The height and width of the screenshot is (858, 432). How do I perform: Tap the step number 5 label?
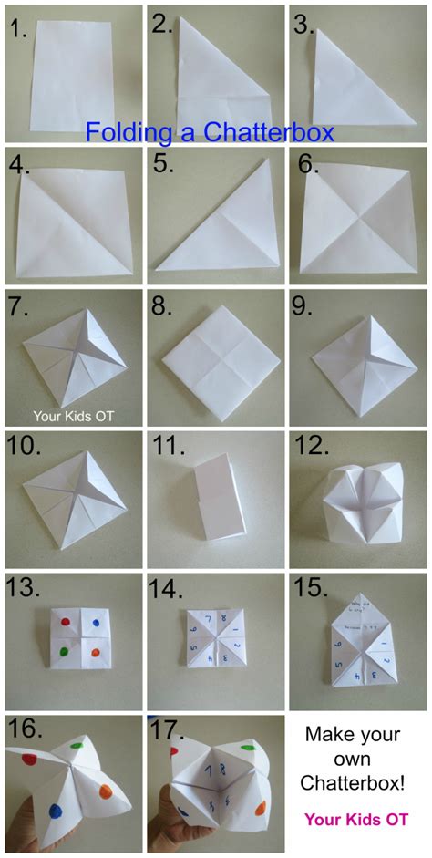point(163,166)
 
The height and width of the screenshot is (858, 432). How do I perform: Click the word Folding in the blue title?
point(128,132)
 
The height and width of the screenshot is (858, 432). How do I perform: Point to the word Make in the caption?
point(326,733)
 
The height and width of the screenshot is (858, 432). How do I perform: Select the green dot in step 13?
point(63,652)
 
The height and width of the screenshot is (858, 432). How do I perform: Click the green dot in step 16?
point(77,750)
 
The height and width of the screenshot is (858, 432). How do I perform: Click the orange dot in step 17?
point(259,807)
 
